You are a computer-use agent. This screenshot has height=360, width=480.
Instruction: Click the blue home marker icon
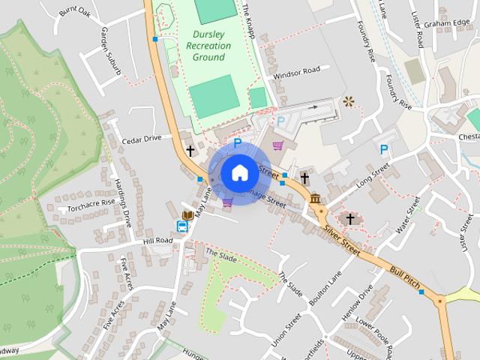click(x=238, y=172)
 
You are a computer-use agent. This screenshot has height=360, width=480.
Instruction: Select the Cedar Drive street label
click(x=142, y=139)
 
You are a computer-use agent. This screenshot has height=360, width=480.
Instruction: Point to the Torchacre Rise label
click(x=91, y=205)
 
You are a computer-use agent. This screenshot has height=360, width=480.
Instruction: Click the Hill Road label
click(x=158, y=241)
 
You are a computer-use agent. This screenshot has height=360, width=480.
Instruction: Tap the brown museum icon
click(x=316, y=199)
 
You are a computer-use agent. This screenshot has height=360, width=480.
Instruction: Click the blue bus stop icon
click(x=183, y=226)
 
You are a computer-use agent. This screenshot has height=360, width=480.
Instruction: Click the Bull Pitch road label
click(x=403, y=277)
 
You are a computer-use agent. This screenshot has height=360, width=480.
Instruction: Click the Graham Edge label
click(x=445, y=23)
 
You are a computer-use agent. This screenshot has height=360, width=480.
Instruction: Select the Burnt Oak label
click(x=75, y=12)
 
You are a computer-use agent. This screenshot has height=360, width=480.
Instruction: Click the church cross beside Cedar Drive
click(x=190, y=151)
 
